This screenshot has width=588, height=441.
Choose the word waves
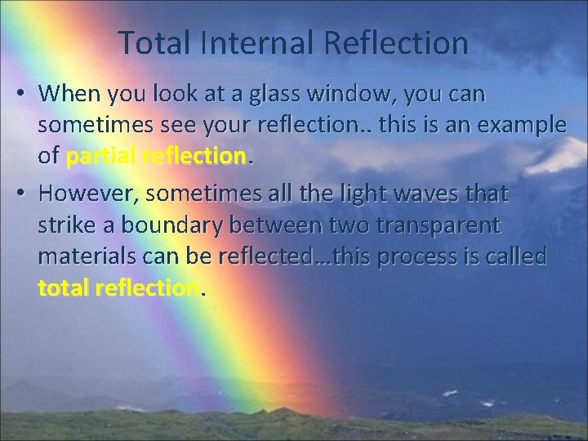point(430,194)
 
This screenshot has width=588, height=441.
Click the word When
point(66,95)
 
